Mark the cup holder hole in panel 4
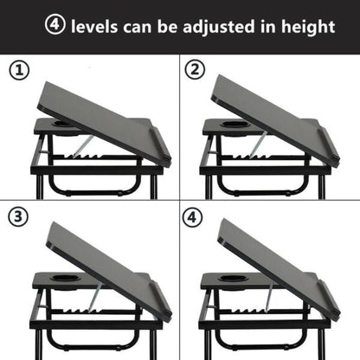pos(232,279)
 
